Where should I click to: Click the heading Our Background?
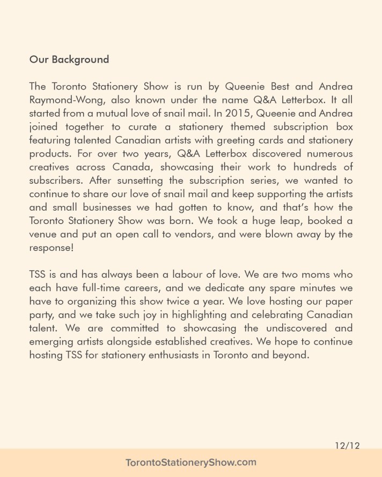point(69,59)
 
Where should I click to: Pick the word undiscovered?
point(282,327)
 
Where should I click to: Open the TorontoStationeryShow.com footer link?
point(191,463)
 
